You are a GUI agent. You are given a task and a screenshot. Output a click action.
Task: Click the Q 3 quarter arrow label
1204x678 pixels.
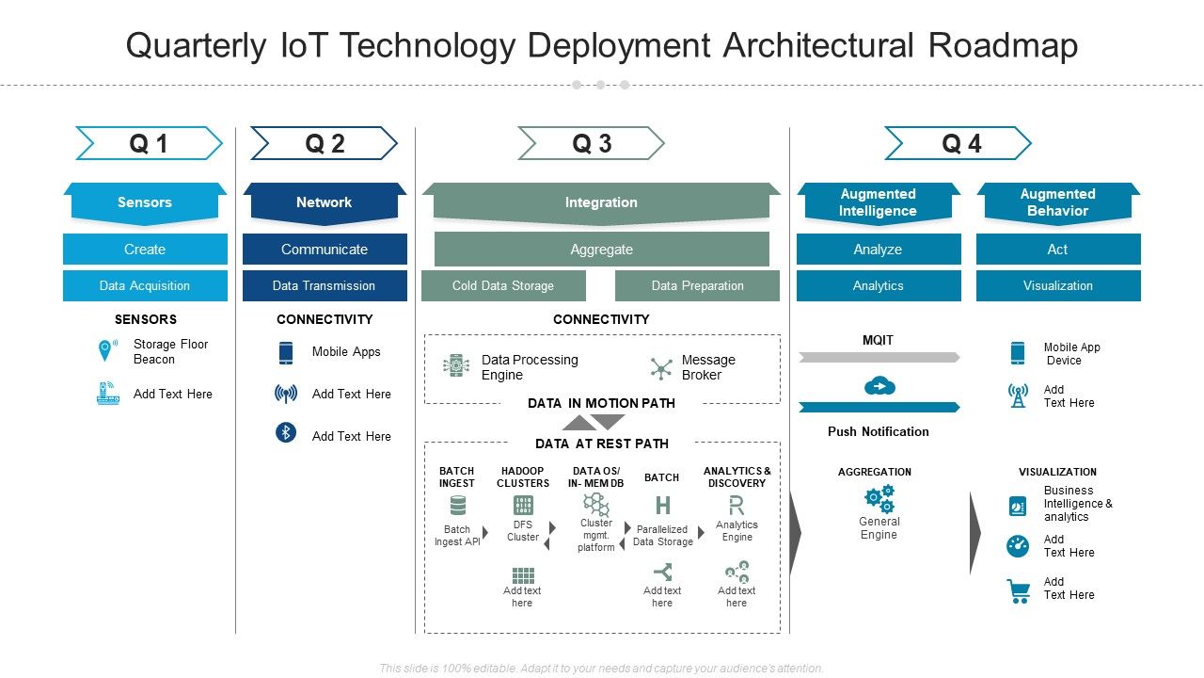tap(592, 143)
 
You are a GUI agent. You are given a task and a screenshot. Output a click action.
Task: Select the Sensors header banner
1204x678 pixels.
tap(145, 202)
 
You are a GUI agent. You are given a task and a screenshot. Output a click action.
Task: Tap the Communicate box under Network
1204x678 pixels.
tap(325, 250)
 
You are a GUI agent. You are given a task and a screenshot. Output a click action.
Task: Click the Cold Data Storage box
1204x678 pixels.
tap(503, 285)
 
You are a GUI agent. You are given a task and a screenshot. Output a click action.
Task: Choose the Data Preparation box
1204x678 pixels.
tap(697, 285)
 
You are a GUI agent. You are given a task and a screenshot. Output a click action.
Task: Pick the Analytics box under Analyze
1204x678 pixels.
tap(879, 285)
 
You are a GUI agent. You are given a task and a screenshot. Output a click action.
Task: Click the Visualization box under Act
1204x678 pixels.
tap(1058, 285)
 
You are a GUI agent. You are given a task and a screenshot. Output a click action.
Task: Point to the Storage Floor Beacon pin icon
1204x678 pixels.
tap(105, 351)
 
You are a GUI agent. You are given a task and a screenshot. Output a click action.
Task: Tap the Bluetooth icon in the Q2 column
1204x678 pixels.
tap(286, 433)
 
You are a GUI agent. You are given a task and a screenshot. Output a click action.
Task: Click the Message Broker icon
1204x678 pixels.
tap(661, 368)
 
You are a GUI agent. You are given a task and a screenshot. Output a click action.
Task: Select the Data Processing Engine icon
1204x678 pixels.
tap(456, 366)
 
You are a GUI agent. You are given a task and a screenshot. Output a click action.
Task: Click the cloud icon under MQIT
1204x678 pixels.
tap(879, 386)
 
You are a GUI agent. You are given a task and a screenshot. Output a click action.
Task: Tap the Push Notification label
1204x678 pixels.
tap(879, 431)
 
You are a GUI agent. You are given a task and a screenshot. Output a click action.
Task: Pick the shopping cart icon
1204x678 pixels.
tap(1018, 590)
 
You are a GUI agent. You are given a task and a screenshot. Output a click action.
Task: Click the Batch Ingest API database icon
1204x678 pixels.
tap(458, 507)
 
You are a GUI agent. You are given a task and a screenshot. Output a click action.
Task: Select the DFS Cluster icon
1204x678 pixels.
tap(523, 506)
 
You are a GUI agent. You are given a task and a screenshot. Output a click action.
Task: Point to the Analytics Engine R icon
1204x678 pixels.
tap(737, 506)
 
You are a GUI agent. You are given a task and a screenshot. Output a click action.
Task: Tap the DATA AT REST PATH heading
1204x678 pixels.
tap(602, 444)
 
